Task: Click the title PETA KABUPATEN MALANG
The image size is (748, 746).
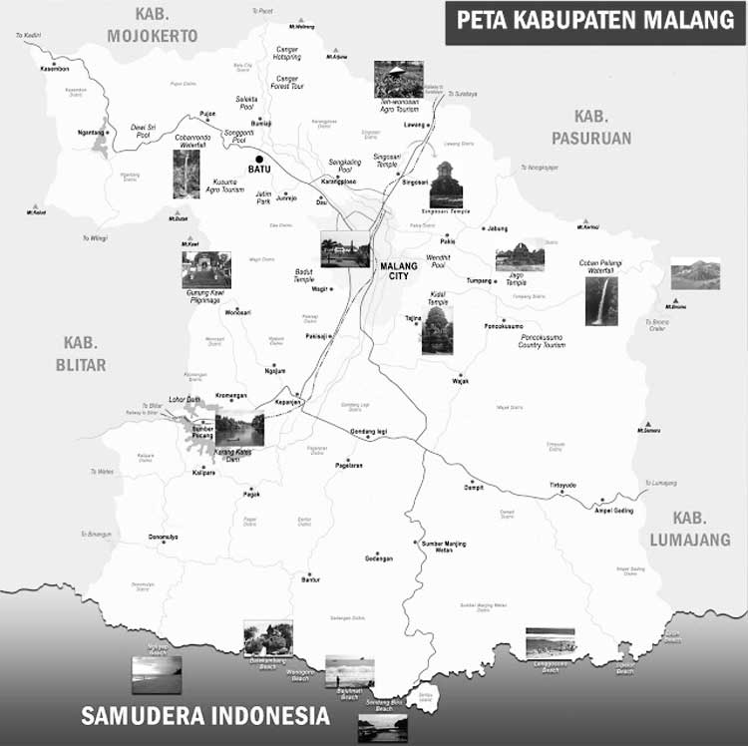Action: click(x=594, y=20)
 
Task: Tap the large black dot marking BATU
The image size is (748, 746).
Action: click(x=259, y=159)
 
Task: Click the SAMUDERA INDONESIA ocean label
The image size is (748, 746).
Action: click(x=205, y=715)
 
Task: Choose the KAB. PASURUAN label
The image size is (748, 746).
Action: click(x=592, y=127)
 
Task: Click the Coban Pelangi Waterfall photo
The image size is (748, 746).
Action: click(x=601, y=301)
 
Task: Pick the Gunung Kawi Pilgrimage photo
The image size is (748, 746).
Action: click(x=206, y=269)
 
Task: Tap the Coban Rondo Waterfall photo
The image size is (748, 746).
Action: click(x=187, y=174)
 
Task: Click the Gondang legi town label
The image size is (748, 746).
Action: click(x=369, y=431)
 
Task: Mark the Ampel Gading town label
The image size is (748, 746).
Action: click(x=613, y=510)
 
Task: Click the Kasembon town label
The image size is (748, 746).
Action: click(x=55, y=69)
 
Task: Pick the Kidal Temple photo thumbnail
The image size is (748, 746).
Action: click(x=437, y=330)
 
